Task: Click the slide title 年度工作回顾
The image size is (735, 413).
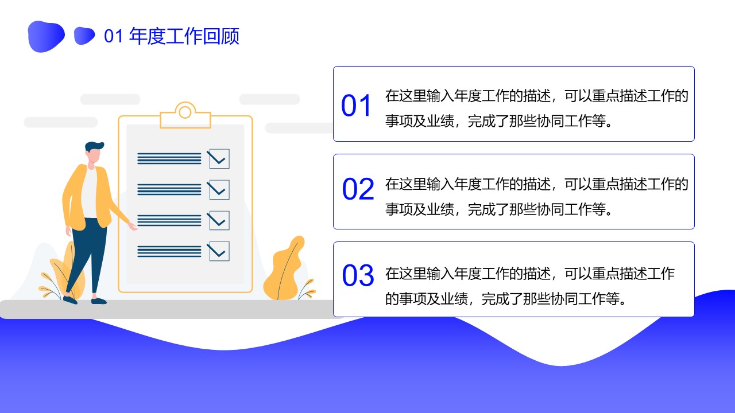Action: click(x=184, y=36)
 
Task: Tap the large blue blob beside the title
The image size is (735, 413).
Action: click(x=46, y=36)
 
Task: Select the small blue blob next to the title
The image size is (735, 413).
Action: click(x=84, y=36)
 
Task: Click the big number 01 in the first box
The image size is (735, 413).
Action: click(x=356, y=106)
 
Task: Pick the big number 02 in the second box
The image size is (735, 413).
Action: click(x=358, y=189)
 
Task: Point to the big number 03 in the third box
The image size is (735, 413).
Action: click(x=358, y=275)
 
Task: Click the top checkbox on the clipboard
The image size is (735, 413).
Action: click(x=219, y=159)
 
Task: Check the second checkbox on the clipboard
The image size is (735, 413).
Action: click(x=219, y=190)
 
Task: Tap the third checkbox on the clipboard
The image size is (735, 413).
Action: click(x=219, y=221)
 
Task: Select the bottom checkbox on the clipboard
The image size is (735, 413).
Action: click(x=219, y=251)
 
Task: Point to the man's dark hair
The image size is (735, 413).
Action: click(x=94, y=146)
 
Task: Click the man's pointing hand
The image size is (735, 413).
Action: click(x=133, y=226)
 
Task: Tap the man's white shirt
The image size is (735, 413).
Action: click(x=89, y=193)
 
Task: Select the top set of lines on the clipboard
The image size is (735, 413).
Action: click(x=169, y=159)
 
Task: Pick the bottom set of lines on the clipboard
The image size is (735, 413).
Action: click(x=169, y=251)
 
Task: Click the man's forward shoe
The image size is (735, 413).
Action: click(x=99, y=301)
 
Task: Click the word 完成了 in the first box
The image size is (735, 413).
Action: click(x=488, y=121)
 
